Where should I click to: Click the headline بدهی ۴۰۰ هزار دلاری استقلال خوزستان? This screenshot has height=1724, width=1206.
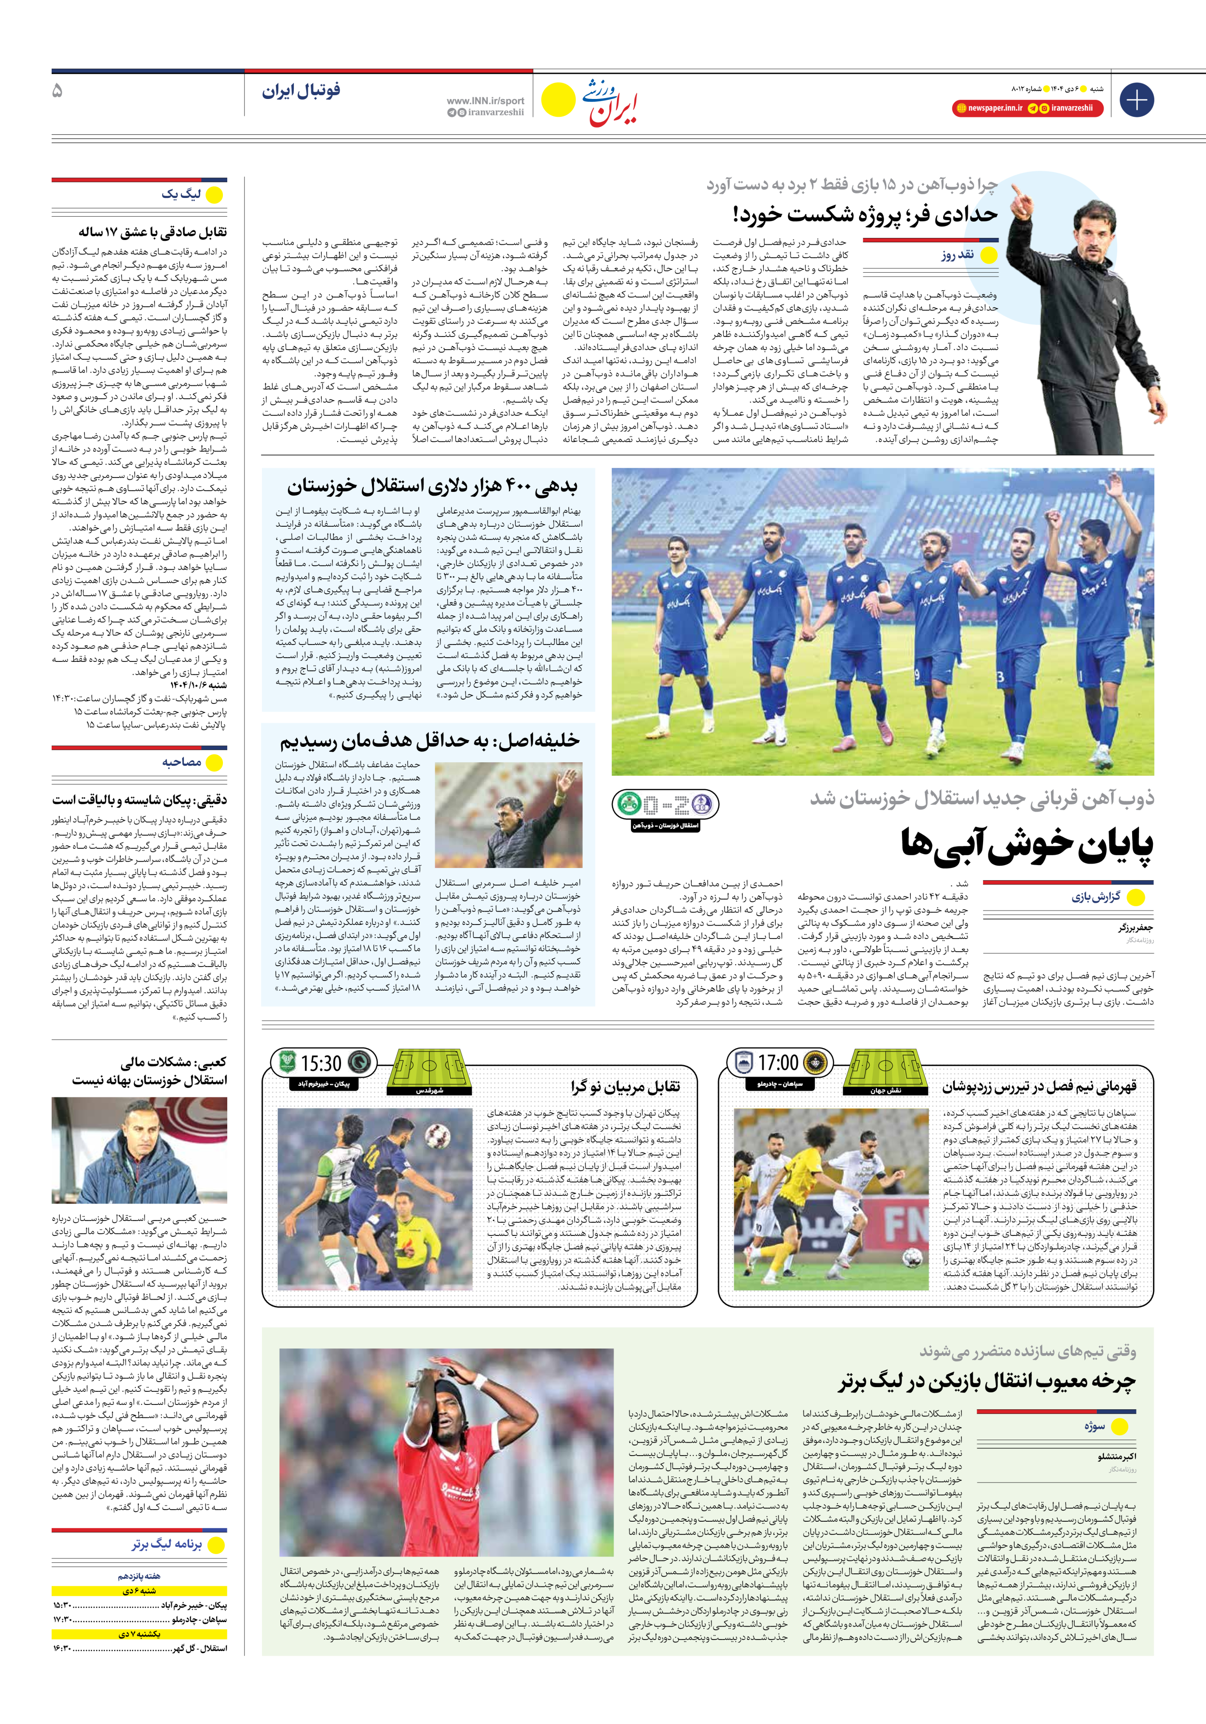(x=432, y=487)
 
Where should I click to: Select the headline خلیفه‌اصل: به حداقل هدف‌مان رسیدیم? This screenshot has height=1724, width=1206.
(x=430, y=741)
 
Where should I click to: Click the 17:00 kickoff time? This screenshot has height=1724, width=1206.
(x=778, y=1063)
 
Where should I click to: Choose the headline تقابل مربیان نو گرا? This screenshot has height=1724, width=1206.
(x=625, y=1086)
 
